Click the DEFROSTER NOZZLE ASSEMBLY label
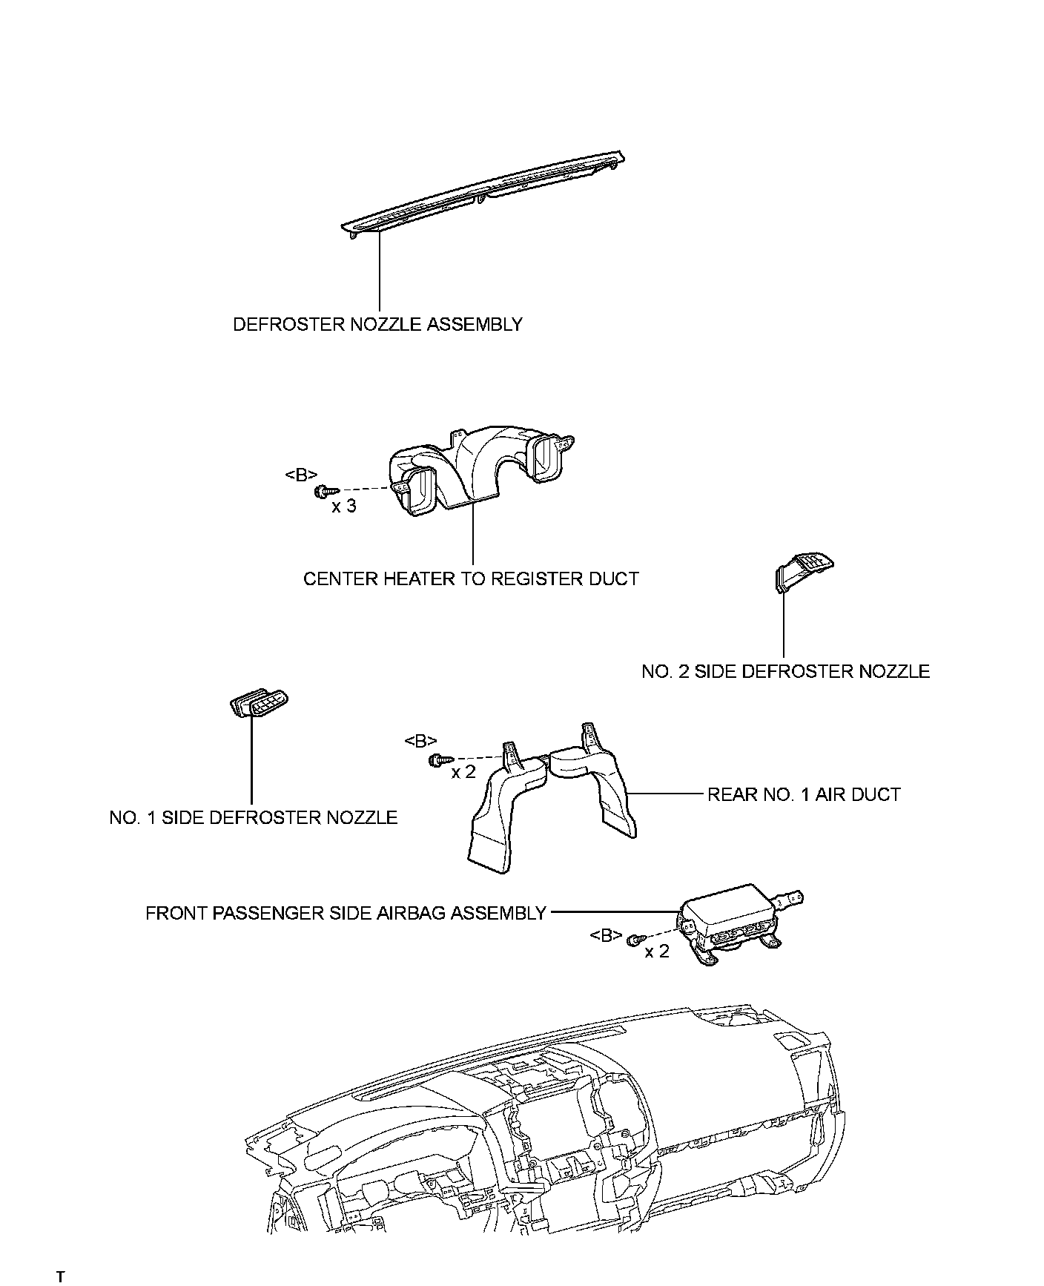point(377,324)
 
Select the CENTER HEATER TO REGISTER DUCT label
point(471,578)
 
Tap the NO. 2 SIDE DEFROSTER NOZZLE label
point(785,671)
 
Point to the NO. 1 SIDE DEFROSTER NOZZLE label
point(253,817)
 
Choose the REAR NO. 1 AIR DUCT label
point(804,794)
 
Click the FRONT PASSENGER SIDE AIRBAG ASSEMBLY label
point(346,912)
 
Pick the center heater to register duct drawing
point(475,471)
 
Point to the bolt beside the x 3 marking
point(326,490)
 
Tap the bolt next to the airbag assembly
point(635,940)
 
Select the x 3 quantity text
point(343,507)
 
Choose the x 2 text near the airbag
point(657,952)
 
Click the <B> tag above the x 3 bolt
point(301,475)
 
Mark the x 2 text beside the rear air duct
point(463,773)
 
